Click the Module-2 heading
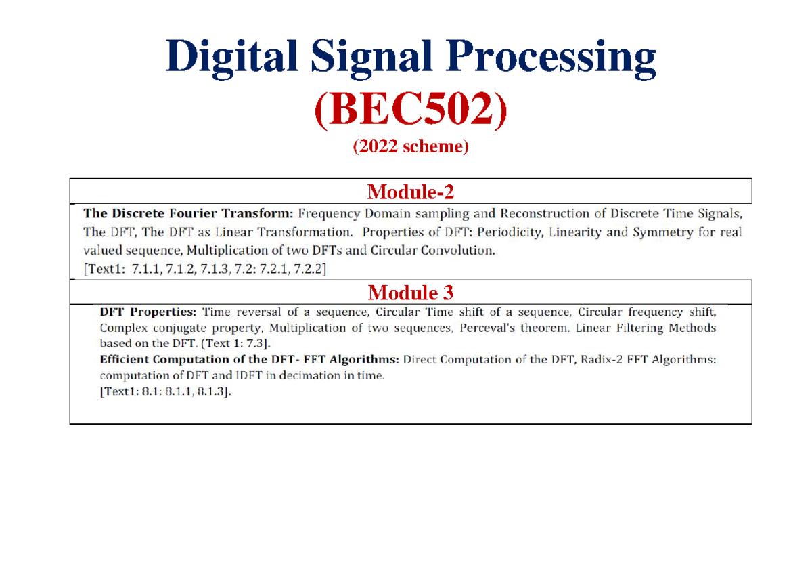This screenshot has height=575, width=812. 410,193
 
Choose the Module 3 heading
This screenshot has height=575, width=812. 410,293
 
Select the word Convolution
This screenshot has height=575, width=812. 460,251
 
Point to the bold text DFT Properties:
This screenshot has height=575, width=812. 148,313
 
